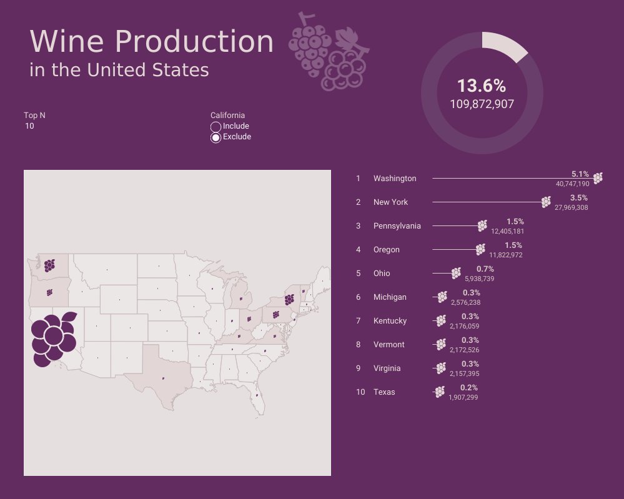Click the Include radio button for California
coord(216,127)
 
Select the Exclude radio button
coord(216,137)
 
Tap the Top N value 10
coord(30,126)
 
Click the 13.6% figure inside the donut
coord(481,86)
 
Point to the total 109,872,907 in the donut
coord(482,104)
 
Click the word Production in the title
coord(194,42)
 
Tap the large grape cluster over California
coord(53,339)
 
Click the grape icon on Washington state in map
coord(49,265)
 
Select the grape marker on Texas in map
coord(163,377)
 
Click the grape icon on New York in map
coord(289,299)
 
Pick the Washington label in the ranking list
coord(394,179)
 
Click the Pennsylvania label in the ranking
coord(397,226)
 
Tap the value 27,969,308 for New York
coord(570,208)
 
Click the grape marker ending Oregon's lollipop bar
coord(480,249)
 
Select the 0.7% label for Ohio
coord(485,269)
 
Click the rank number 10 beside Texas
coord(360,392)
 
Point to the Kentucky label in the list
coord(390,321)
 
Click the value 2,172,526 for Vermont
coord(464,350)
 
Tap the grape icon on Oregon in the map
coord(49,292)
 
